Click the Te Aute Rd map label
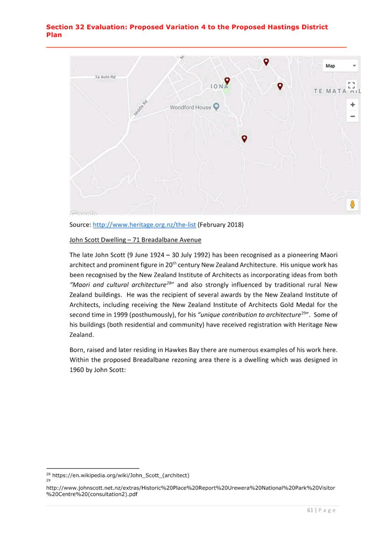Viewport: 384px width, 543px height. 105,77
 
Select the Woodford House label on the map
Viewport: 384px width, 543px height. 190,107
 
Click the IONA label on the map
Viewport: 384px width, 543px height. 219,87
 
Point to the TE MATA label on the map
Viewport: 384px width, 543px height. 330,91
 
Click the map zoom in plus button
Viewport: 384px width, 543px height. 352,105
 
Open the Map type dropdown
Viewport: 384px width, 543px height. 341,66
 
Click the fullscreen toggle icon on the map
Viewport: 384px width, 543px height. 352,85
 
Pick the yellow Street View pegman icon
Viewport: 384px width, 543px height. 352,204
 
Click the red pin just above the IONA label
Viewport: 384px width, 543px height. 227,81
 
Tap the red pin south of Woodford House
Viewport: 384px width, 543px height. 244,139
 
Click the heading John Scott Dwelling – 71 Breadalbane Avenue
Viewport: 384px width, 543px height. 135,240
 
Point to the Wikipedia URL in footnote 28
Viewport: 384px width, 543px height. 121,475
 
